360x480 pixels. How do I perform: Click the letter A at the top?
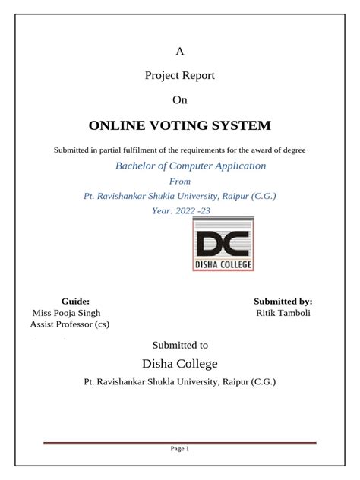(x=180, y=52)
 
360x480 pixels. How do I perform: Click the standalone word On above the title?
(x=179, y=99)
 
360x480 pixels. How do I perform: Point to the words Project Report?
(x=179, y=76)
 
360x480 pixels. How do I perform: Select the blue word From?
(x=179, y=182)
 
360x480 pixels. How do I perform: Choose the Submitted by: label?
(x=283, y=301)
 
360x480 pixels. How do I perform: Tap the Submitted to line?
(x=180, y=345)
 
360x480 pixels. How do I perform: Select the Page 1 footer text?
(x=179, y=449)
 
